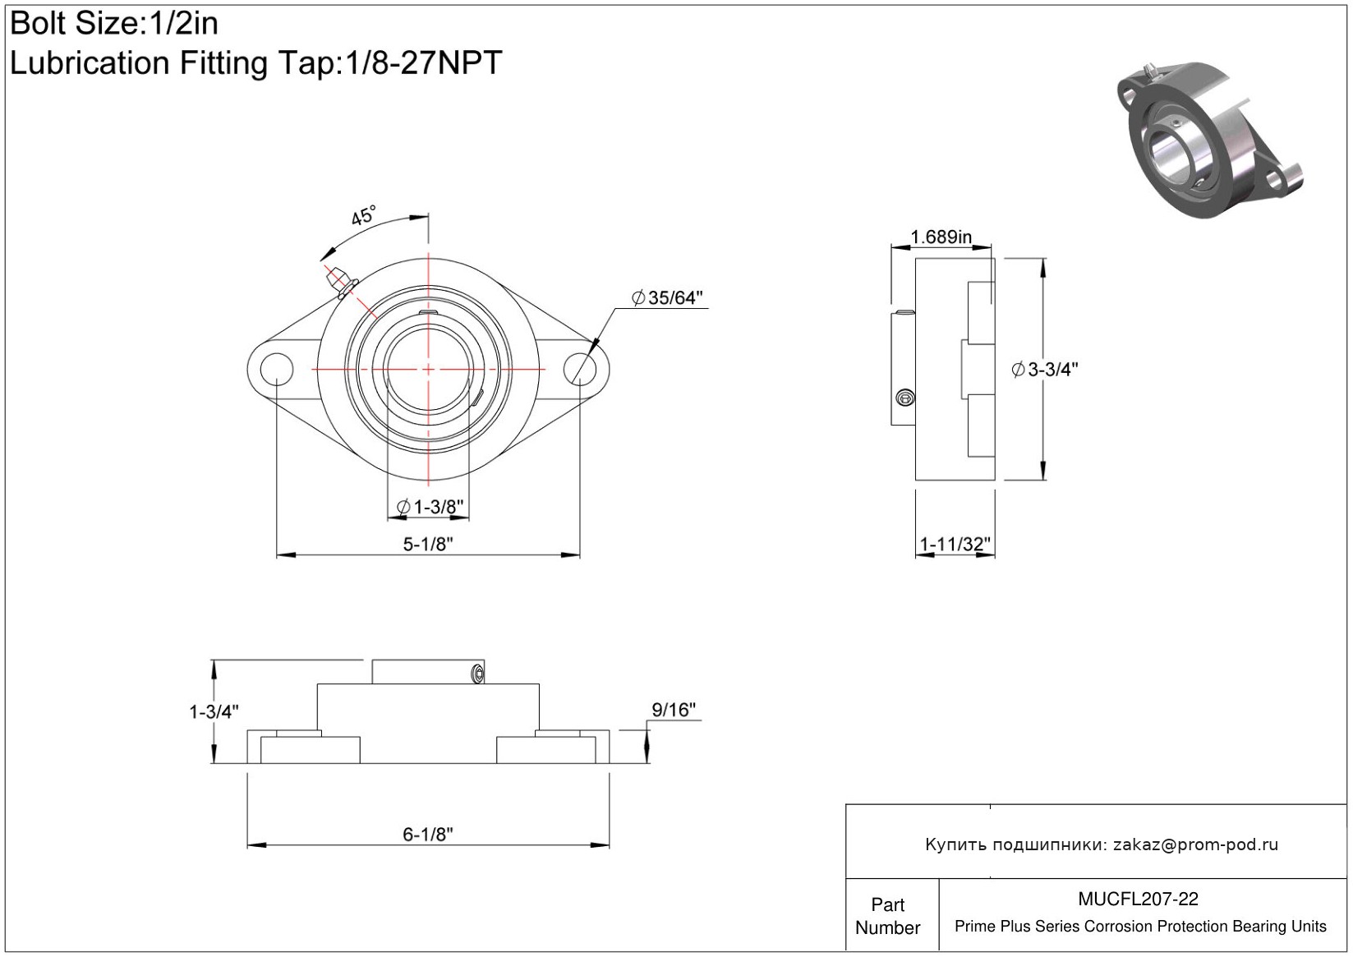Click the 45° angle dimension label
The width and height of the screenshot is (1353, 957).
tap(364, 216)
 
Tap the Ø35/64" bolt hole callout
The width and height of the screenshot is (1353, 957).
tap(667, 298)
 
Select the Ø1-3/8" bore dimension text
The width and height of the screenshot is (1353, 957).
tap(430, 507)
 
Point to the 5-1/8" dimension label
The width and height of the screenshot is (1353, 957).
tap(428, 545)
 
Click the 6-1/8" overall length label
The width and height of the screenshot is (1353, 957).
tap(428, 835)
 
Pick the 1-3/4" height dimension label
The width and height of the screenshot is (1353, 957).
tap(214, 711)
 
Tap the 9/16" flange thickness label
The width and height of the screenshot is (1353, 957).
tap(674, 710)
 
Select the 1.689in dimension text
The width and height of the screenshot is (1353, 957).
tap(941, 237)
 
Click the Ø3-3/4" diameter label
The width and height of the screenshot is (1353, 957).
tap(1044, 369)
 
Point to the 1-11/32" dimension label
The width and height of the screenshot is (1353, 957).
tap(955, 545)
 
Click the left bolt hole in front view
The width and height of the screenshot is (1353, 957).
tap(277, 369)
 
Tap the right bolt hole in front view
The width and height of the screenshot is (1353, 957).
tap(580, 369)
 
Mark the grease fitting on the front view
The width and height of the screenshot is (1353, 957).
tap(341, 282)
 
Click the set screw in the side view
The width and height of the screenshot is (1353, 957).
tap(904, 398)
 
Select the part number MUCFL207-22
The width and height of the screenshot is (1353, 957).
tap(1138, 899)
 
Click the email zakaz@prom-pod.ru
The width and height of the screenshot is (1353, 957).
tap(1195, 844)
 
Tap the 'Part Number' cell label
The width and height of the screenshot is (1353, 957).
tap(887, 916)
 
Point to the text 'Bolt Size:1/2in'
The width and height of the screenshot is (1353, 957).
tap(114, 24)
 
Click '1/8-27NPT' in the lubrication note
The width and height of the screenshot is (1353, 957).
tap(423, 62)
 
